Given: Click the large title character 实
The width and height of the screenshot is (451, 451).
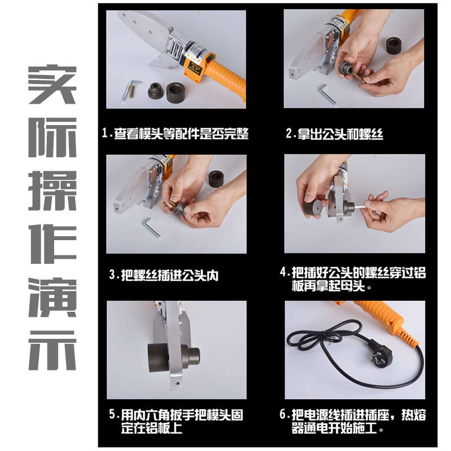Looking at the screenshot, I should tap(52, 85).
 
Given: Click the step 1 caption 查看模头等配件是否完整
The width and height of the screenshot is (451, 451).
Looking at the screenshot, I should tap(175, 134).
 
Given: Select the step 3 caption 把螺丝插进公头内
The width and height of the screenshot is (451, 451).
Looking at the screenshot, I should tap(163, 276).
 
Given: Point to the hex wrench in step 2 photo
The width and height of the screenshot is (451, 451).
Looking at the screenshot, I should tap(328, 94).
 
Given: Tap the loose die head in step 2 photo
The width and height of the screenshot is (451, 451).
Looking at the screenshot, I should tap(390, 45).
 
